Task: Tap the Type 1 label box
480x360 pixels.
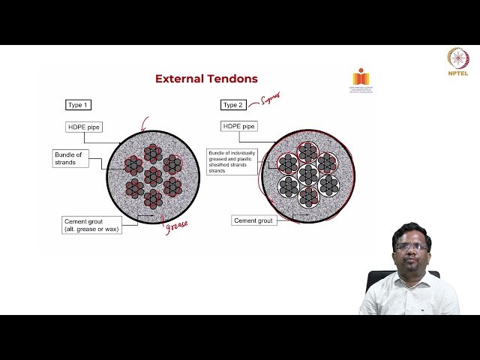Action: coord(79,105)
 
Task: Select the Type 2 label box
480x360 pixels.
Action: coord(234,105)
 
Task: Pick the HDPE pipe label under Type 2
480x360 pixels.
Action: coord(238,126)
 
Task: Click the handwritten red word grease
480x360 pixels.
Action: coord(176,225)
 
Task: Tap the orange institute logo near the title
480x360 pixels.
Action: coord(361,79)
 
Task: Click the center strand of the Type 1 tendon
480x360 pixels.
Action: coord(153,176)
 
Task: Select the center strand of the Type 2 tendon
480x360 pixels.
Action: coord(307,175)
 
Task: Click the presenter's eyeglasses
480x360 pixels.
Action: coord(410,246)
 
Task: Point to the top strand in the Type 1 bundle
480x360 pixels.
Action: coord(153,153)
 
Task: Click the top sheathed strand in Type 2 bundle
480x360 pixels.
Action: coord(307,152)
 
